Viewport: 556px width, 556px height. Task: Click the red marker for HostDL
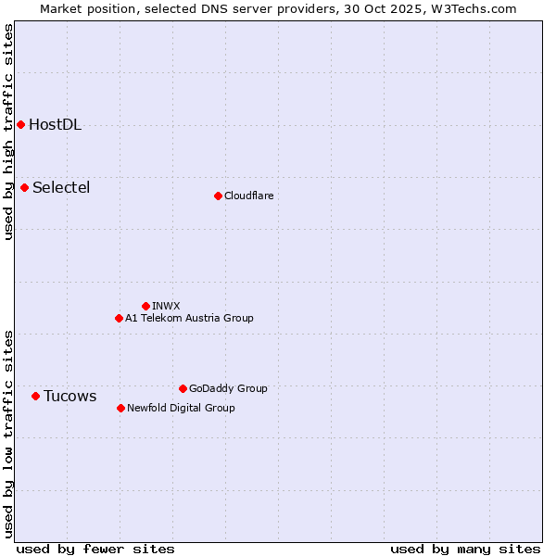tap(20, 124)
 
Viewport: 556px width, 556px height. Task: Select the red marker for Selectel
tap(25, 187)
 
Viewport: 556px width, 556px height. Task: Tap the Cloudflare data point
tap(218, 196)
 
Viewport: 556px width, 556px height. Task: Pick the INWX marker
tap(145, 306)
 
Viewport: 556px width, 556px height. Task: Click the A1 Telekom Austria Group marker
tap(119, 318)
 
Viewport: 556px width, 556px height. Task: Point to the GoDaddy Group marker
tap(183, 388)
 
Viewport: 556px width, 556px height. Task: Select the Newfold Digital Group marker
tap(120, 408)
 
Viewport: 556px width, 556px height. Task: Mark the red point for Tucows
tap(35, 396)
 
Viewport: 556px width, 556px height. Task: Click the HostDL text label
tap(56, 125)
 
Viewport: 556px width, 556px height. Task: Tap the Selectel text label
tap(61, 188)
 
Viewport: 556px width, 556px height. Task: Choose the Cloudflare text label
tap(248, 196)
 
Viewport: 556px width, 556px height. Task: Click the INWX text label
tap(166, 306)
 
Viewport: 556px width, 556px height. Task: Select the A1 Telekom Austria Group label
tap(189, 318)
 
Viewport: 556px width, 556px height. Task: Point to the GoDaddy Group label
tap(228, 388)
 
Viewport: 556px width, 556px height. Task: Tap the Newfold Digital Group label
tap(181, 408)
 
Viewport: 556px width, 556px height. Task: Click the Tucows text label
tap(69, 397)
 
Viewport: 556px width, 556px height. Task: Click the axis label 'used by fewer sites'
tap(95, 549)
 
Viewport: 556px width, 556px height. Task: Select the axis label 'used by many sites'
tap(465, 549)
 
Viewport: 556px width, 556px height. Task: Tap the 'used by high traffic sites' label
tap(8, 132)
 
